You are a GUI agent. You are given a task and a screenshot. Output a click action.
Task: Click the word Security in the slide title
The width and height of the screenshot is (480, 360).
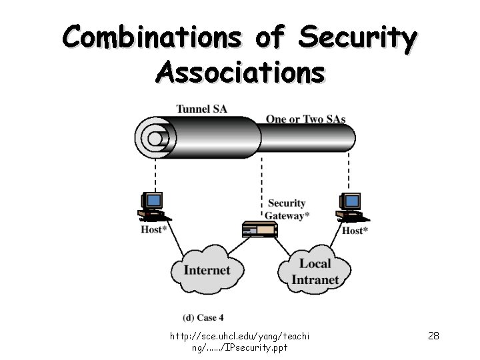[358, 37]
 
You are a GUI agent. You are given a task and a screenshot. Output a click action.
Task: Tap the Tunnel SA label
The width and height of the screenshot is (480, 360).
[201, 109]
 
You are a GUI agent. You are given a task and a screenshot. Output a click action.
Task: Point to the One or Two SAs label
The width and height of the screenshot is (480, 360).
[305, 119]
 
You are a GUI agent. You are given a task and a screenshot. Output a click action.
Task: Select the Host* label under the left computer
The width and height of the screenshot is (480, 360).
[154, 230]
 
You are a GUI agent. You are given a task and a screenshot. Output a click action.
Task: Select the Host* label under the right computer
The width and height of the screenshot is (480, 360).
[355, 231]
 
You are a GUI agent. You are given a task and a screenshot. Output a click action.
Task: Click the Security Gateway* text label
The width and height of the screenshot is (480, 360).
[287, 209]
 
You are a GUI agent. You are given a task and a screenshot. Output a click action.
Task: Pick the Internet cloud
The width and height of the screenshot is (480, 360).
[206, 270]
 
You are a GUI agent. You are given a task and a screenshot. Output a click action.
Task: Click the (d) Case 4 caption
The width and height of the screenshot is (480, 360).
[203, 317]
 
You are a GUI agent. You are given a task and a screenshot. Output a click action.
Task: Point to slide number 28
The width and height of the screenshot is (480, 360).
[433, 335]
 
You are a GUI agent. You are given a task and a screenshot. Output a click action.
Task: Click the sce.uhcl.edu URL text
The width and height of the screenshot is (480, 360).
[241, 341]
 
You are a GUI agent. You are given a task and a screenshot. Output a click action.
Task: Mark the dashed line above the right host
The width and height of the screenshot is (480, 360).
[349, 173]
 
